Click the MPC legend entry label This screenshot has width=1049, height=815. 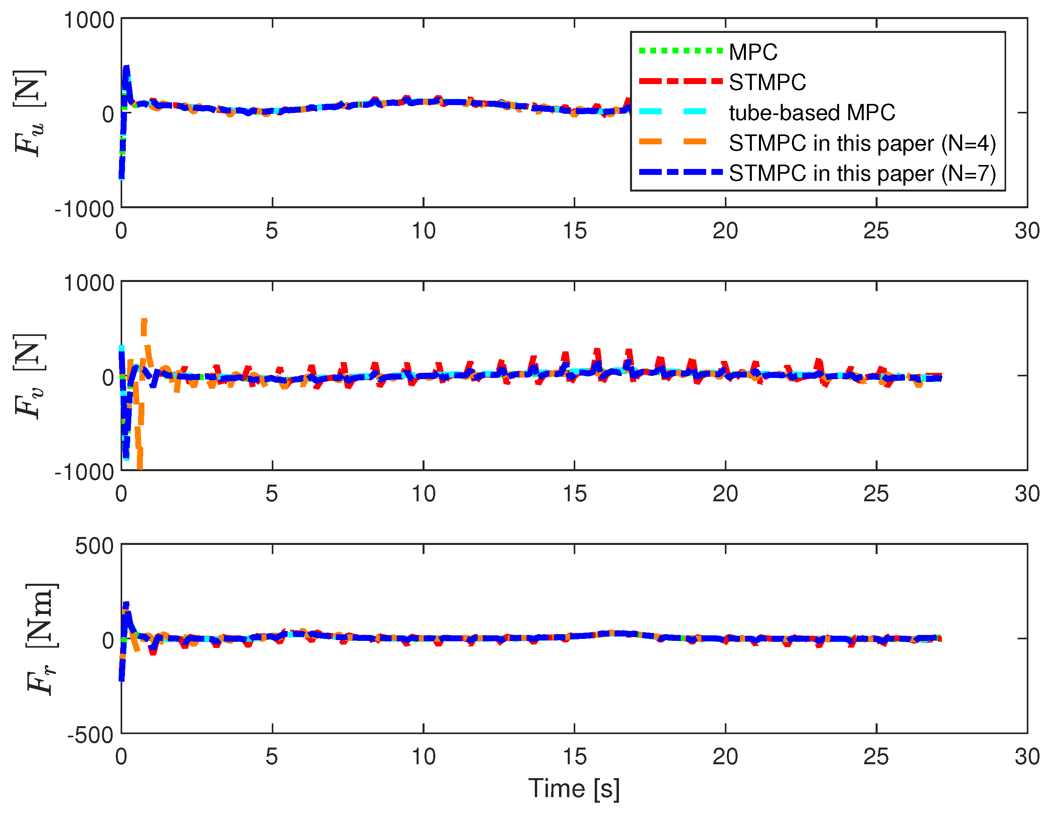click(x=753, y=52)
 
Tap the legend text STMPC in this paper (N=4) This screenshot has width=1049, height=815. click(x=862, y=143)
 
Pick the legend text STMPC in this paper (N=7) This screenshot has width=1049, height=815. click(x=862, y=173)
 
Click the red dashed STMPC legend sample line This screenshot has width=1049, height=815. click(x=680, y=82)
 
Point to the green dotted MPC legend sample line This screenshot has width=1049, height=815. click(x=680, y=51)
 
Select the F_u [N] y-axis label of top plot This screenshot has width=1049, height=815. click(x=30, y=113)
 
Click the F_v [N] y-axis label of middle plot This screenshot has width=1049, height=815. click(x=30, y=376)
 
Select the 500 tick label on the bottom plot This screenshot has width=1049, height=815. click(x=94, y=546)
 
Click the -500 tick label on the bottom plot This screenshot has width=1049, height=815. click(x=90, y=735)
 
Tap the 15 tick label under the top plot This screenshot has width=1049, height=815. click(x=574, y=231)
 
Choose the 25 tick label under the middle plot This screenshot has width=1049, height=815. click(x=876, y=494)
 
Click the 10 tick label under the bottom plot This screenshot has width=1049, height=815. click(x=423, y=757)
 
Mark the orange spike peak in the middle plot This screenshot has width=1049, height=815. click(x=144, y=320)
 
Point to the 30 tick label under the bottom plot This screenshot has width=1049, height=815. click(x=1027, y=757)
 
